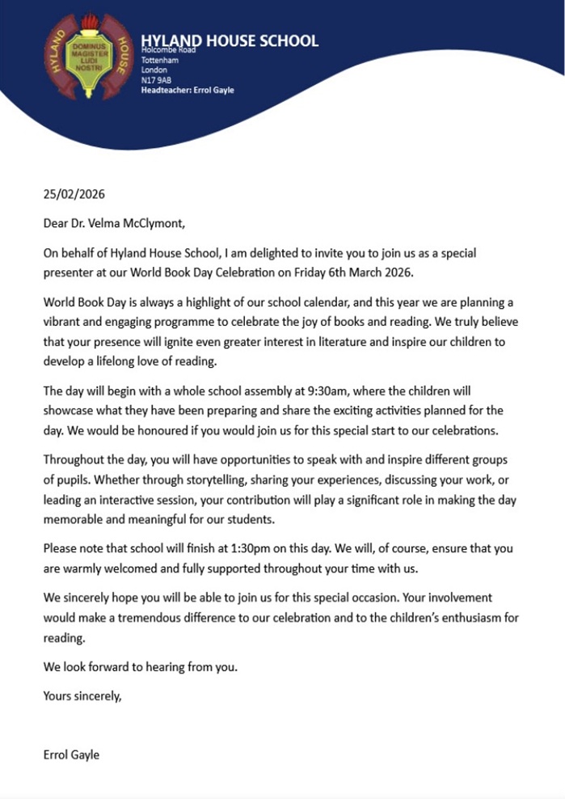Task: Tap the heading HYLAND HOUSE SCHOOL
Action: click(229, 41)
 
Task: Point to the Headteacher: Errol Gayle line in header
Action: click(187, 91)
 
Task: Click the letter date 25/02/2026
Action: click(74, 194)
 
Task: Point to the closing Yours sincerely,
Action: click(82, 694)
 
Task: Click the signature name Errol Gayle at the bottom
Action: click(73, 755)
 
